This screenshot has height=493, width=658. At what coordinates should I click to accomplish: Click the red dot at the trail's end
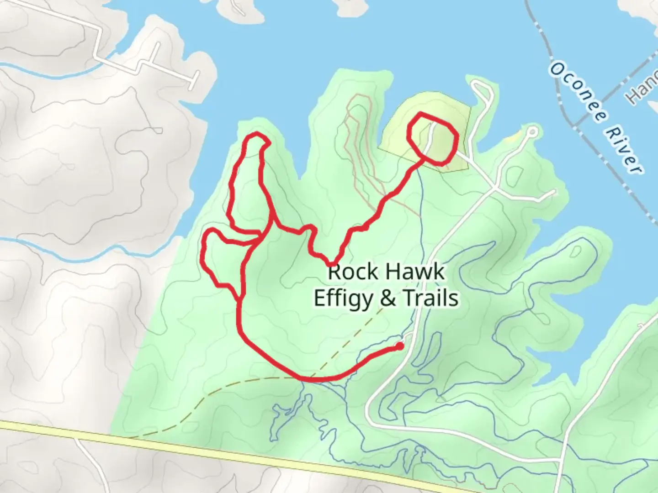point(400,346)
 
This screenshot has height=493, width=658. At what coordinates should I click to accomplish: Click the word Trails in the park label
point(430,298)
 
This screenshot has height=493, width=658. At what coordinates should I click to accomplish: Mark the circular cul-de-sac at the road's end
point(532,132)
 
